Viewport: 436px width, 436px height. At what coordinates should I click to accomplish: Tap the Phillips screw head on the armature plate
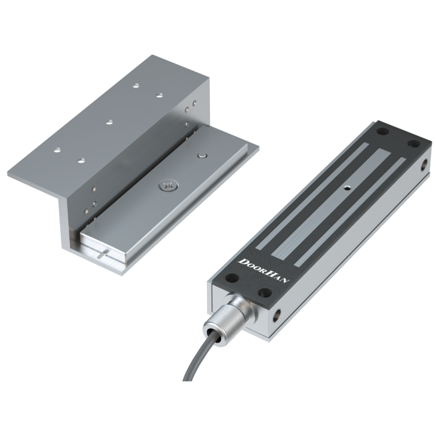point(167,186)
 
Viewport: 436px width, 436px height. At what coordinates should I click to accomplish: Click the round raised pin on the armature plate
point(202,155)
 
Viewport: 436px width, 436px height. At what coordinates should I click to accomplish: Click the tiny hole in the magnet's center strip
point(346,188)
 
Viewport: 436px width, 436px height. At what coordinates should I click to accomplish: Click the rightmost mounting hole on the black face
point(414,144)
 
